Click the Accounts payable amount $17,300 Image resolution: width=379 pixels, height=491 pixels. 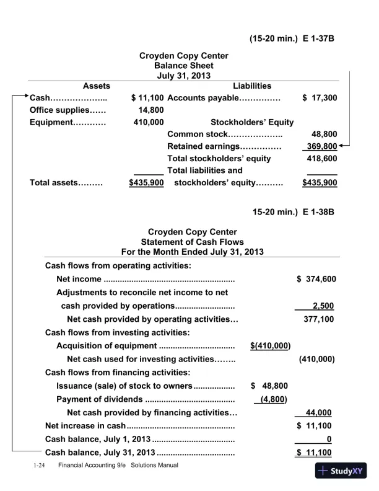point(320,98)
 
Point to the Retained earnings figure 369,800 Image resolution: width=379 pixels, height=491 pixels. point(323,146)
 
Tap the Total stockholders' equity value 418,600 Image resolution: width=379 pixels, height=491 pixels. point(323,158)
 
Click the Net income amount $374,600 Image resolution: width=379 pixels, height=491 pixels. point(317,279)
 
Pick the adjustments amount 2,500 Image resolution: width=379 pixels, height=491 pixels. point(325,305)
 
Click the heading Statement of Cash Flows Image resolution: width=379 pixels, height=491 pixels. point(193,242)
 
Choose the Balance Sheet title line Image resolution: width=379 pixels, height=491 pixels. point(184,66)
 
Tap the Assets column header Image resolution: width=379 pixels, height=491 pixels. point(96,86)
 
